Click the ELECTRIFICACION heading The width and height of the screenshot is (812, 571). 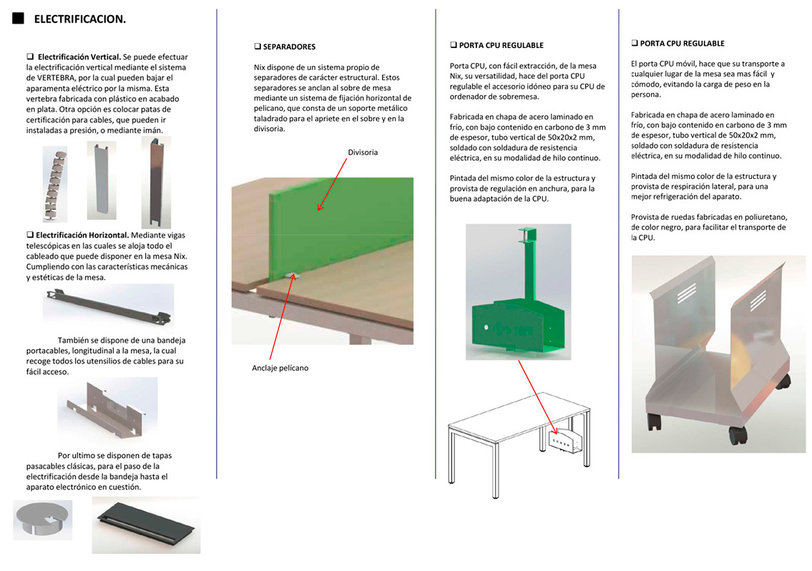click(80, 19)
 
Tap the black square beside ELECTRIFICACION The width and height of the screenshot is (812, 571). click(19, 18)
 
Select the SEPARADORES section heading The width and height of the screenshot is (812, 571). click(288, 47)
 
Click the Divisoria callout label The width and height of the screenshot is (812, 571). click(363, 152)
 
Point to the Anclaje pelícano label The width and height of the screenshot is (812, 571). click(280, 368)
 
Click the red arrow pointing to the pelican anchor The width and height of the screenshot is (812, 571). click(280, 315)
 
